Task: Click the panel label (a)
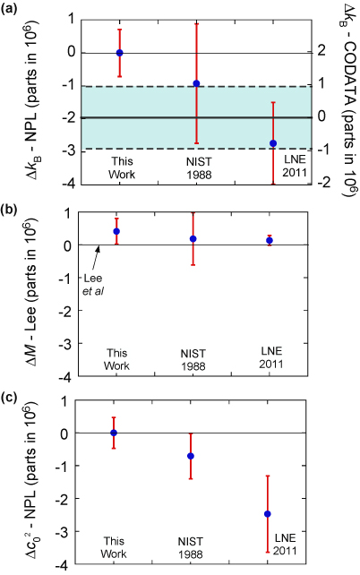pos(12,10)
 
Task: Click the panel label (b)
pos(12,210)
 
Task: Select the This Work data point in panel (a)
pos(120,53)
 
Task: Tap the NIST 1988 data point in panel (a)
pos(196,83)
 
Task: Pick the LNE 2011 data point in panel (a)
pos(273,143)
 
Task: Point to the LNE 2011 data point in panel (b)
pos(269,241)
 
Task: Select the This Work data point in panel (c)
pos(114,433)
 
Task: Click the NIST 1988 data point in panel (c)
pos(190,456)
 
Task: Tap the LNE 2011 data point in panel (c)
pos(267,513)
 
